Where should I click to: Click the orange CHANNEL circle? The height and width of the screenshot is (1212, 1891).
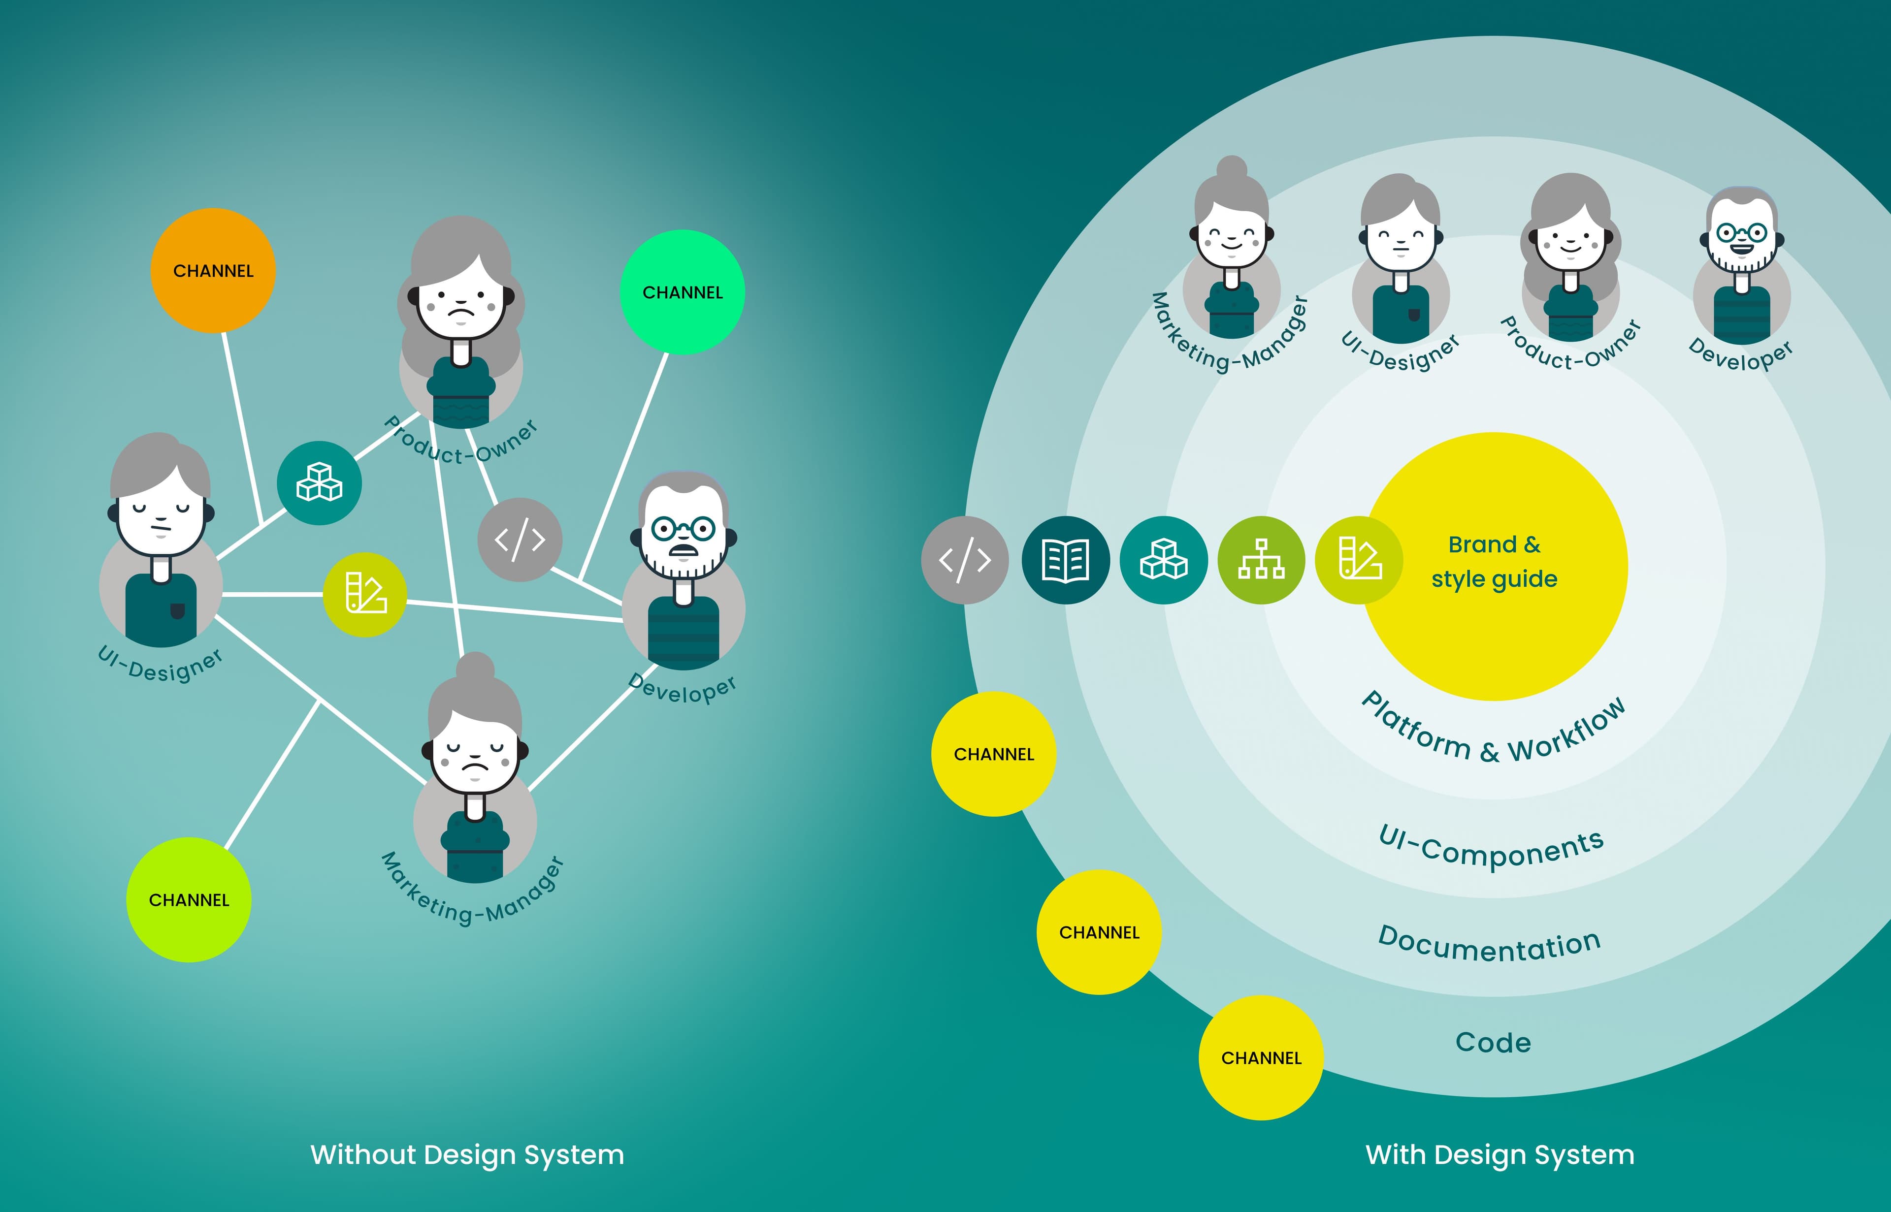coord(213,271)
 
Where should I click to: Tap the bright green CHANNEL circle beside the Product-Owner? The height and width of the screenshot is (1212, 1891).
coord(682,292)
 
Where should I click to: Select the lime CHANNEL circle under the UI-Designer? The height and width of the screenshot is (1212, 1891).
coord(189,899)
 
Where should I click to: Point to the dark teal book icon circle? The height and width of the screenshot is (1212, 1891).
coord(1065,560)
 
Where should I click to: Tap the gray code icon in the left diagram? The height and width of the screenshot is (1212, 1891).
coord(520,540)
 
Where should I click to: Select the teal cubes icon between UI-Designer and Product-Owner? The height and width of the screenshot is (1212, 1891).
coord(319,482)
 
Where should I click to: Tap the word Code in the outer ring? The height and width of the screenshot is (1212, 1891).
coord(1493,1043)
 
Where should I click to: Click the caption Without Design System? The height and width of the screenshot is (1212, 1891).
coord(467,1154)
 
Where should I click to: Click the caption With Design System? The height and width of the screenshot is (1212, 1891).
coord(1499,1154)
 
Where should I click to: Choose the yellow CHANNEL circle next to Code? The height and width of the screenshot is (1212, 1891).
coord(1260,1058)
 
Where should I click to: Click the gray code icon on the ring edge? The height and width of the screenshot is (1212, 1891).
coord(964,560)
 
